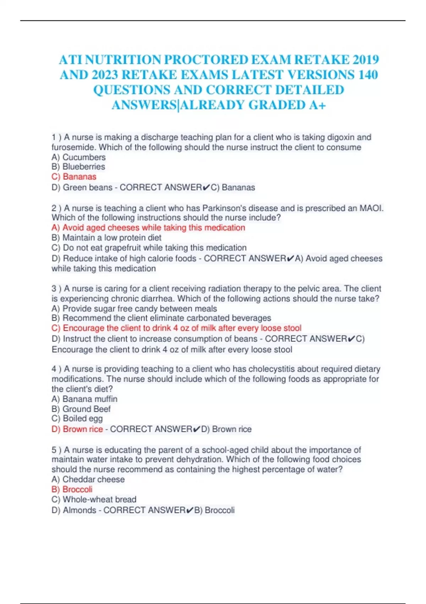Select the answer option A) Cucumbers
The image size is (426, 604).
click(x=78, y=157)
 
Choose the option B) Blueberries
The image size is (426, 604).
click(x=78, y=167)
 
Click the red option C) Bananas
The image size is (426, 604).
click(x=74, y=177)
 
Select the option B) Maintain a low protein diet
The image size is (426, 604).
click(x=106, y=238)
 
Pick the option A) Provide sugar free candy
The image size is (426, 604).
click(x=134, y=308)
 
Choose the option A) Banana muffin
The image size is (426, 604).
click(x=84, y=399)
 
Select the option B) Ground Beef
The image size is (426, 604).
click(x=81, y=409)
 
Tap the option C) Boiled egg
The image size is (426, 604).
click(x=77, y=419)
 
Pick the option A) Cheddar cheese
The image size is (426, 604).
click(x=88, y=479)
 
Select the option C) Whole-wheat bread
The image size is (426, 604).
click(x=94, y=499)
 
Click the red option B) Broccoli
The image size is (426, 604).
click(x=72, y=489)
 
